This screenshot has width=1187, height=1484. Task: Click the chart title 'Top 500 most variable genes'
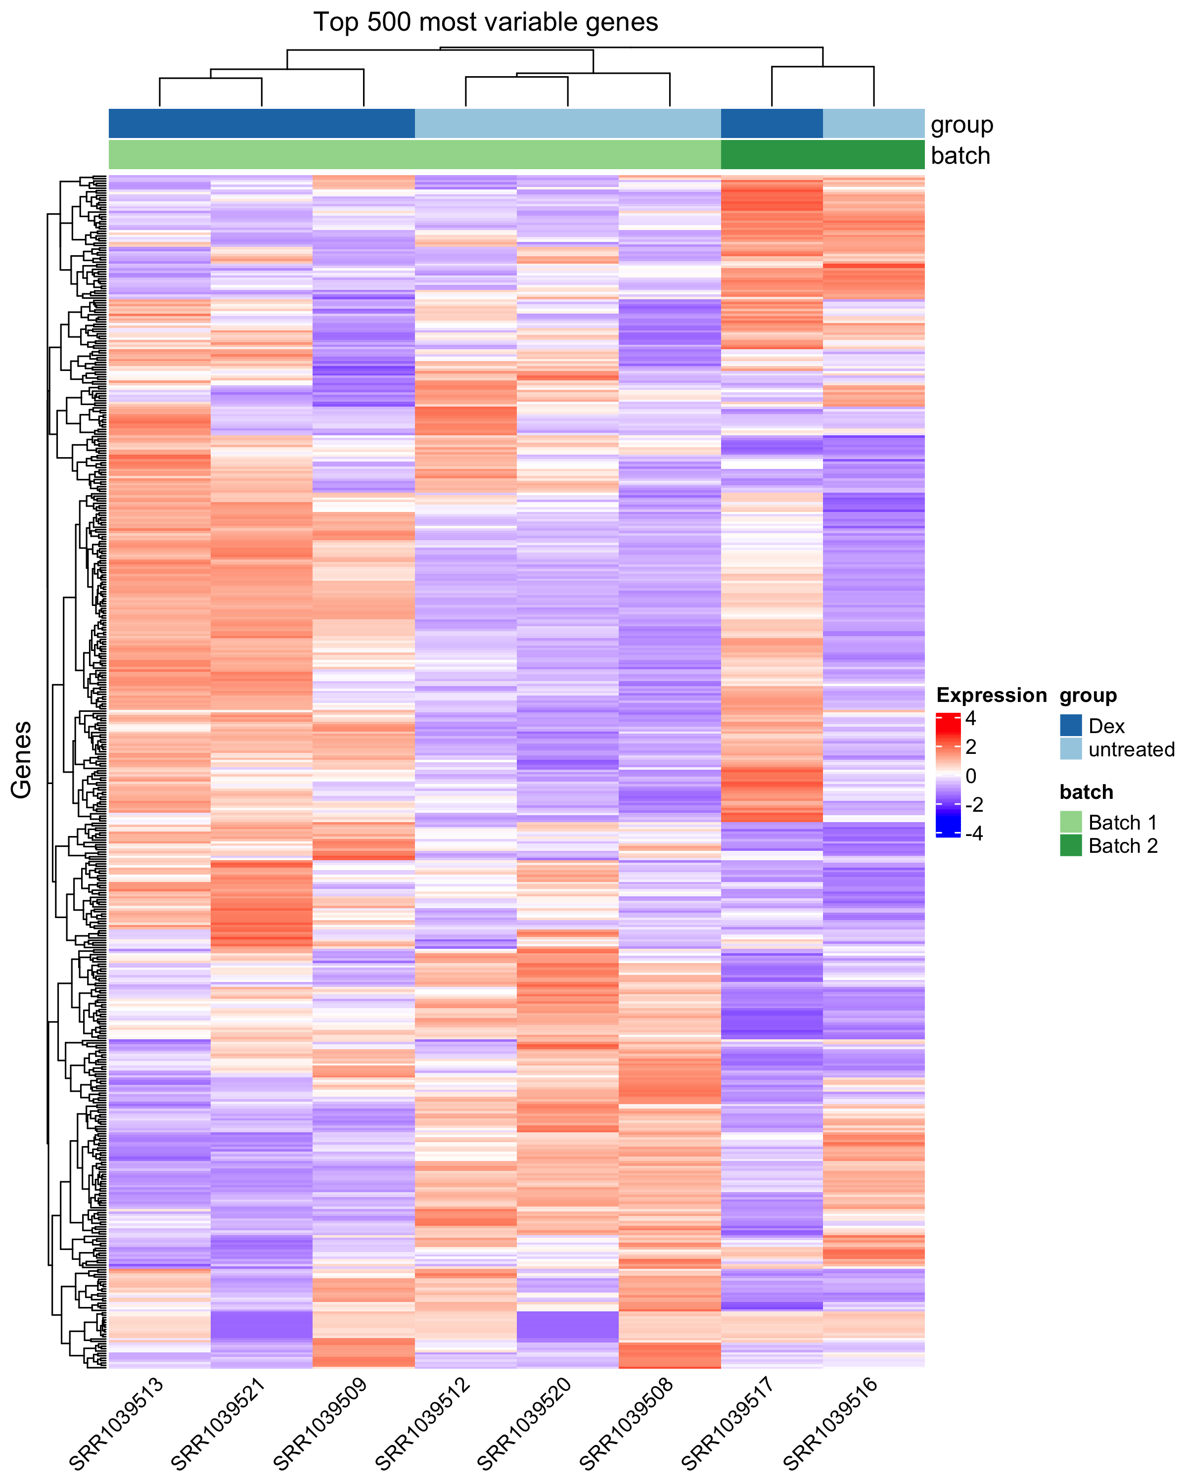pyautogui.click(x=485, y=23)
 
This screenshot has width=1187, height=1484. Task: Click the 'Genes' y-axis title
pyautogui.click(x=22, y=759)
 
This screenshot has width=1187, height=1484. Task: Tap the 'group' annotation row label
pyautogui.click(x=961, y=125)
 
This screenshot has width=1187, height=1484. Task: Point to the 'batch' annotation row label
pyautogui.click(x=960, y=155)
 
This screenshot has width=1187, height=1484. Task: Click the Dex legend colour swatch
pyautogui.click(x=1071, y=726)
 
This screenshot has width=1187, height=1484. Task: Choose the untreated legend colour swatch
pyautogui.click(x=1071, y=749)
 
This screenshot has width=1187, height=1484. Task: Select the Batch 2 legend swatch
pyautogui.click(x=1071, y=845)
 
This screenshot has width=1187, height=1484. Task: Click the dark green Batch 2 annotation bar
pyautogui.click(x=822, y=155)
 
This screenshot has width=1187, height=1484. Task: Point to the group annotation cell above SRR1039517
pyautogui.click(x=772, y=124)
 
